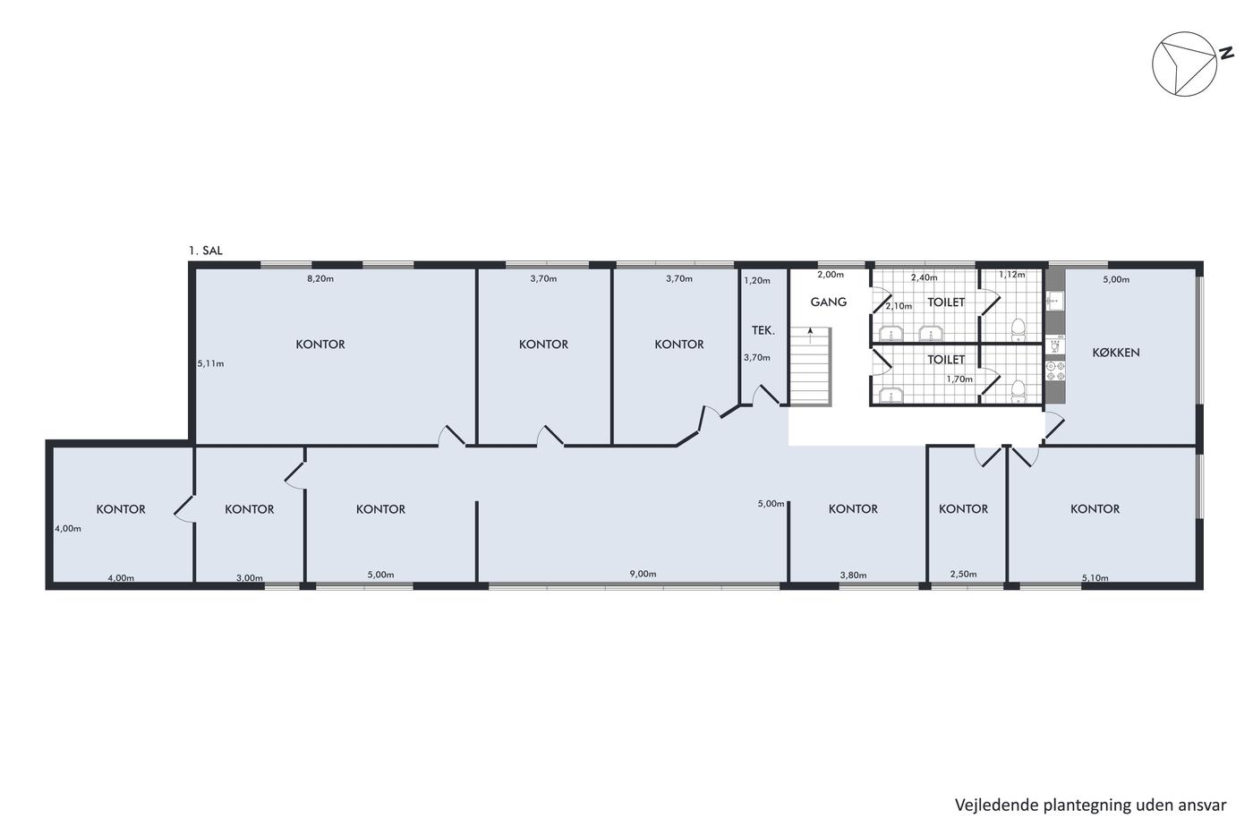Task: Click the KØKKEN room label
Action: point(1115,353)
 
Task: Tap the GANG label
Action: point(829,302)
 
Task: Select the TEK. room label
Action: point(763,330)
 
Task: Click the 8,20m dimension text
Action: point(320,278)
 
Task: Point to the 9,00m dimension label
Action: point(644,574)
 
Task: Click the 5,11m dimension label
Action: point(211,363)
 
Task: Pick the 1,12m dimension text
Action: point(1012,275)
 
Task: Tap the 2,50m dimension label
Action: point(964,574)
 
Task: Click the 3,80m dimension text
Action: point(854,575)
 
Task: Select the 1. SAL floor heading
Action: point(206,251)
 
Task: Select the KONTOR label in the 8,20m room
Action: point(320,345)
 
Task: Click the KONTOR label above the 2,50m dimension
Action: point(963,509)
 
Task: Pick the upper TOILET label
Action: point(946,302)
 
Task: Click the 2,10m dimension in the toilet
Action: point(899,306)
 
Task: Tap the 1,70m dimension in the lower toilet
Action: point(959,379)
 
